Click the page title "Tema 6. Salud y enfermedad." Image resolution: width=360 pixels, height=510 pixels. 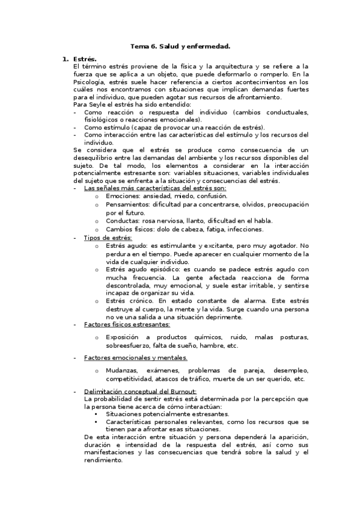tap(180, 46)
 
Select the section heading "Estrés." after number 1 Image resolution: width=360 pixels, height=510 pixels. tap(85, 59)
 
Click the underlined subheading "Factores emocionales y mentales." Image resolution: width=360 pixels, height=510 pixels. tap(135, 358)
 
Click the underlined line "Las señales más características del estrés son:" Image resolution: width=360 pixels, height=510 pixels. tap(155, 188)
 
